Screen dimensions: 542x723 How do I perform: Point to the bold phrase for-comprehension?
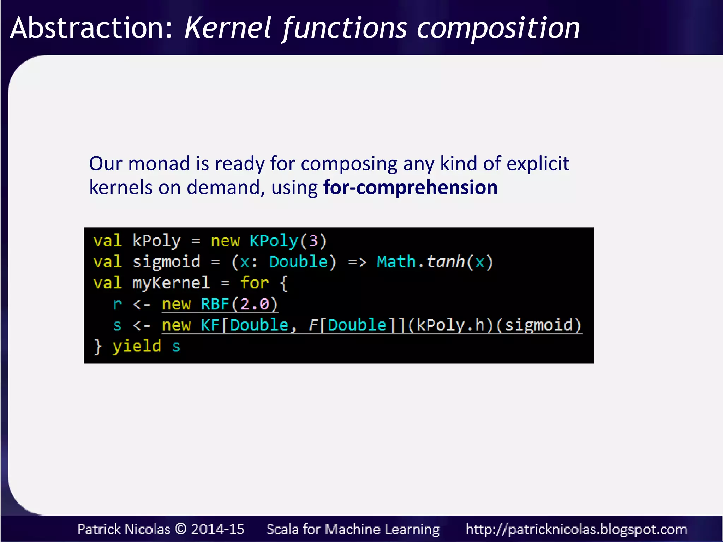[410, 187]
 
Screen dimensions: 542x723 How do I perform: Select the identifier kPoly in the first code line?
[156, 241]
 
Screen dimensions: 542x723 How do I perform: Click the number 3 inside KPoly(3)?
[313, 241]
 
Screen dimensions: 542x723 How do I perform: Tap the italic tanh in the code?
[446, 262]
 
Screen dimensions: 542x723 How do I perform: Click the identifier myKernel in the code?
[171, 283]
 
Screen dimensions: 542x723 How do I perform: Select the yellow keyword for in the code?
[254, 283]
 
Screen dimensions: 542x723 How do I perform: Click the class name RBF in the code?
[215, 304]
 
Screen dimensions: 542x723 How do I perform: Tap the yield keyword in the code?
[137, 346]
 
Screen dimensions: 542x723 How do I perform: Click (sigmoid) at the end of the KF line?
[539, 325]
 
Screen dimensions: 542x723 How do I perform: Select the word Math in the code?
[396, 262]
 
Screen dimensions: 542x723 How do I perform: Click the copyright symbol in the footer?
[181, 529]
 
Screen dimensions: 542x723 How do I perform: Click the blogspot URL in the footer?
[576, 529]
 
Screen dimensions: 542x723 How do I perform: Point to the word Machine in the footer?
[353, 529]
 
